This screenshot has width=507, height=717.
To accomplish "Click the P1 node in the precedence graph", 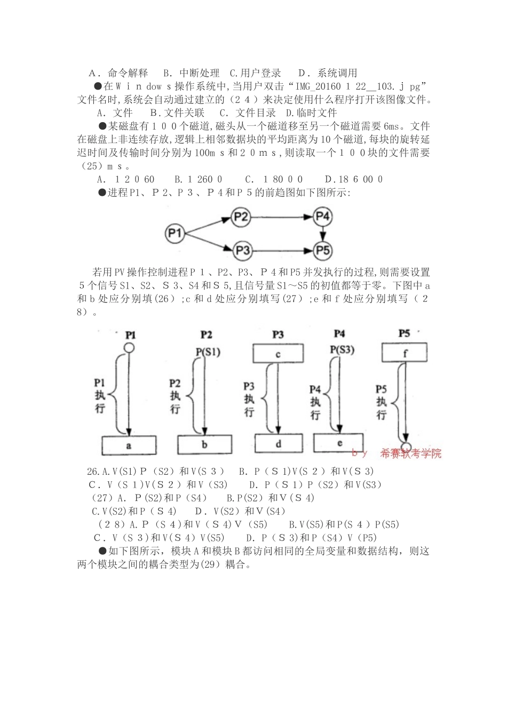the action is pos(175,233).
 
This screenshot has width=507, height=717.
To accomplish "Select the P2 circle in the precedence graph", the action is pos(241,217).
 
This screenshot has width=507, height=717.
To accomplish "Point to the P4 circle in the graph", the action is pos(322,217).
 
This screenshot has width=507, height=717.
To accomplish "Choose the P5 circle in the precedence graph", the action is pos(322,250).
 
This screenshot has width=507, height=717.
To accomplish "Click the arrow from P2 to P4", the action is pos(281,217).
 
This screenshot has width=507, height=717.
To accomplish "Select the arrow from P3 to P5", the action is pos(282,250).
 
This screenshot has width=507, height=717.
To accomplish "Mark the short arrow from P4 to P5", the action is pos(322,233).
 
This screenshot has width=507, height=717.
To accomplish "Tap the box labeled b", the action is pos(205,444).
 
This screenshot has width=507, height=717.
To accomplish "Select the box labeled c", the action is pos(278,354).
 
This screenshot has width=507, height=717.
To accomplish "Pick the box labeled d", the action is pos(279,443).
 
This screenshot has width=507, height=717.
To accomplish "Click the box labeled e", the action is pos(340,442).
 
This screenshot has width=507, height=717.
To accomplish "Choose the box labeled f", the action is pos(405,352).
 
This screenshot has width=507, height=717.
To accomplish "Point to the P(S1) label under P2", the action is pos(207,352).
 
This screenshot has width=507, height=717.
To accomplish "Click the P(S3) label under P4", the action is pos(342,350).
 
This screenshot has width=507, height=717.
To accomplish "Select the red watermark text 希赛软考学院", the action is pos(411,453).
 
